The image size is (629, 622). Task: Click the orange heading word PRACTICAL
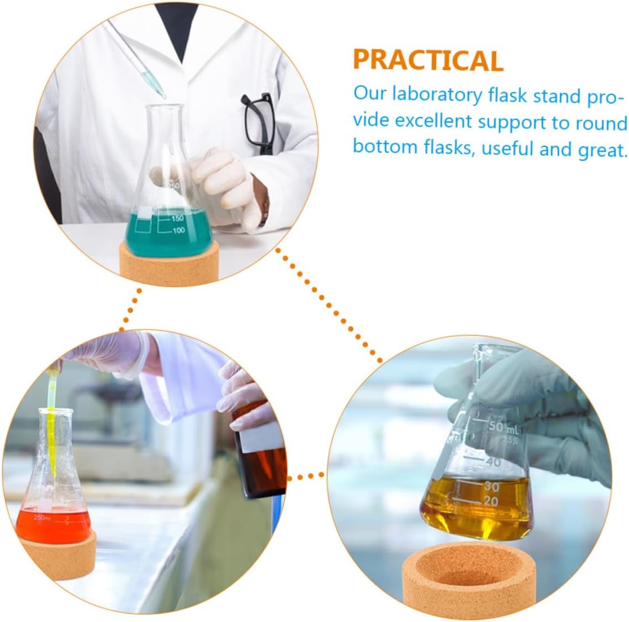pos(428,60)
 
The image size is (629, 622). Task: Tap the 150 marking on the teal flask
pos(177,218)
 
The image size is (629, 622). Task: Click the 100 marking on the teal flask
pos(177,230)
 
